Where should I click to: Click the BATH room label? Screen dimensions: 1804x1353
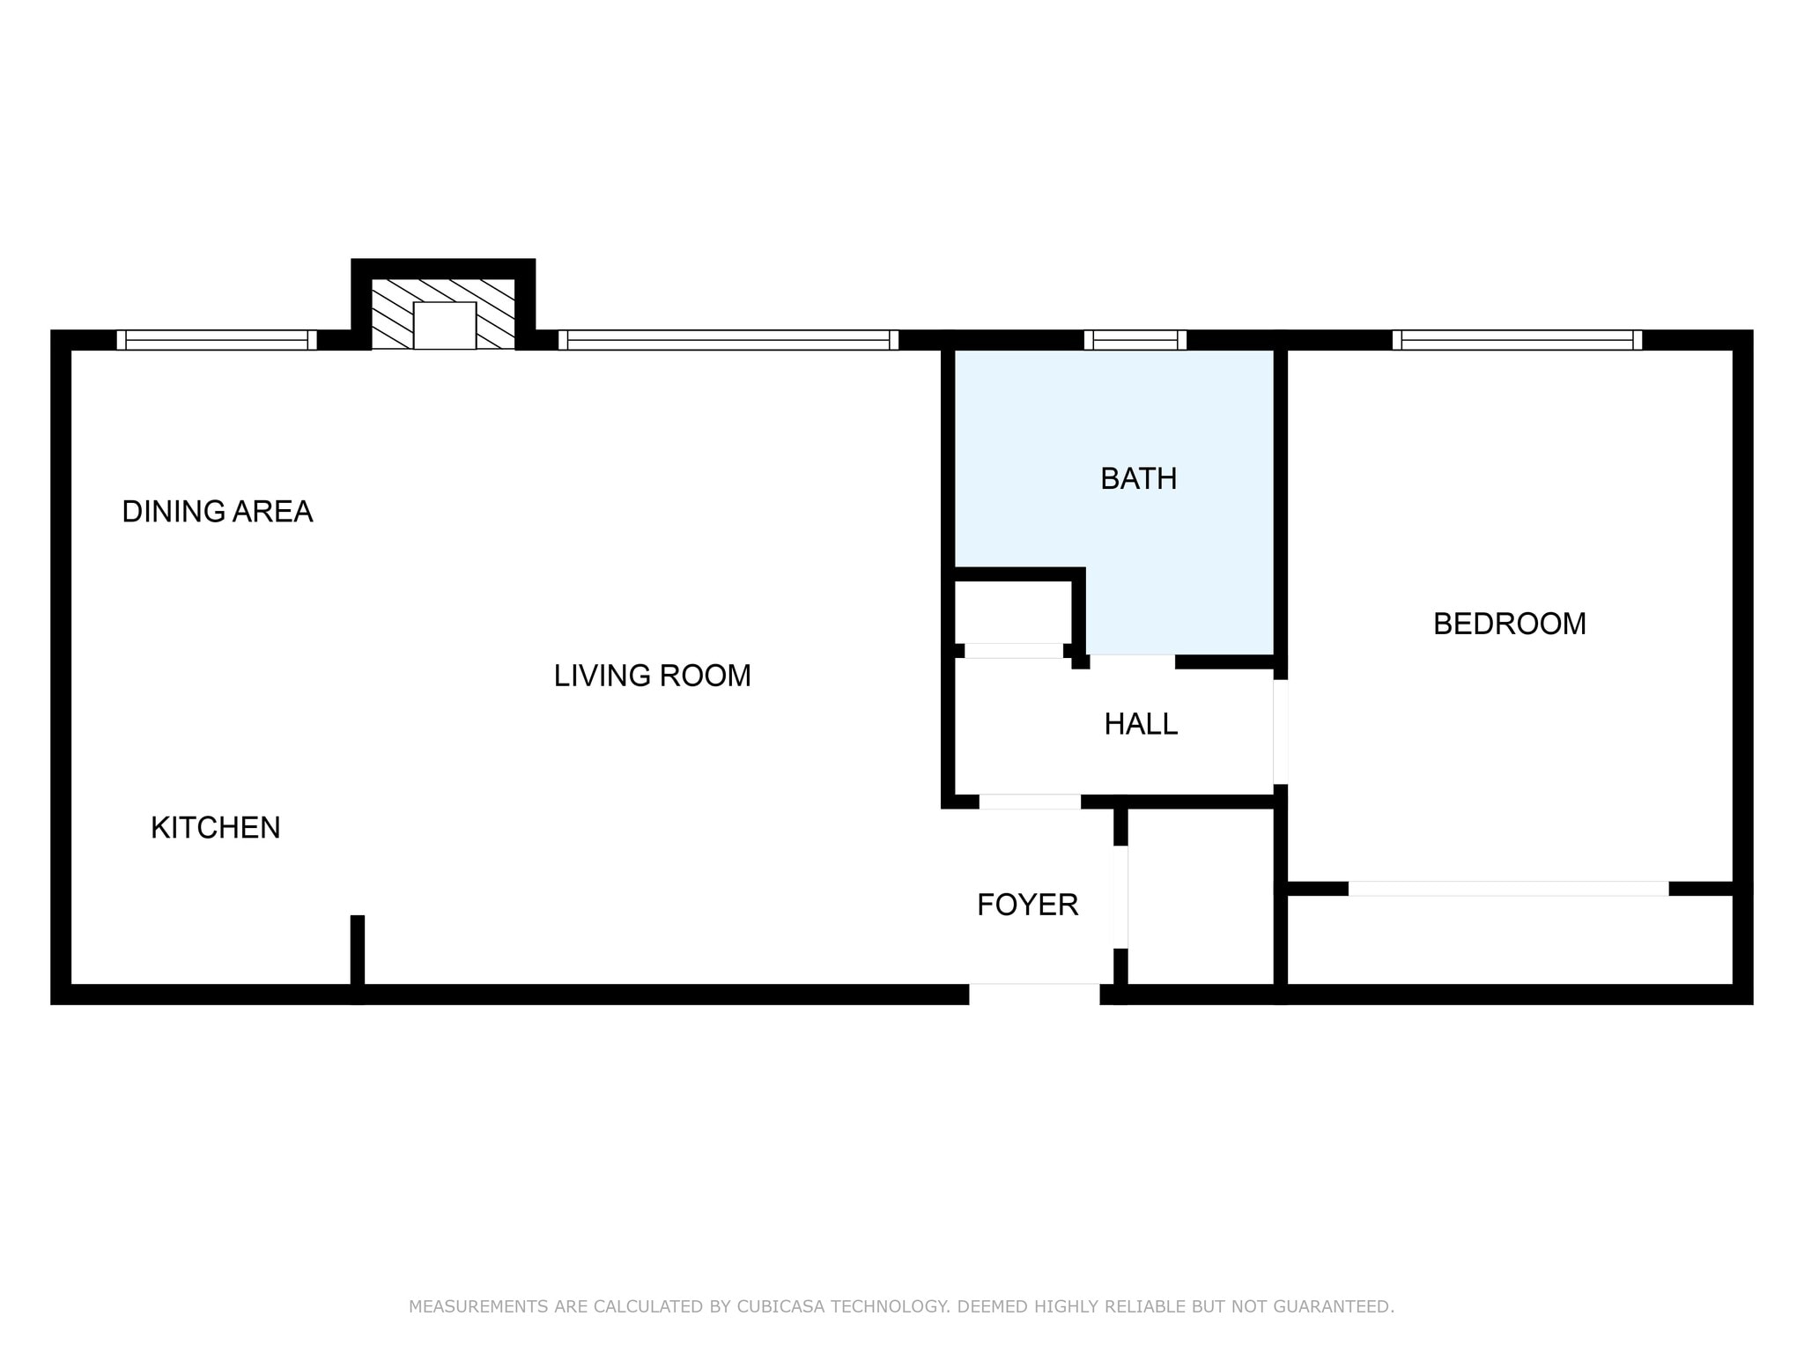[1138, 478]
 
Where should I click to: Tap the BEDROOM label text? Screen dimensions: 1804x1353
[1509, 624]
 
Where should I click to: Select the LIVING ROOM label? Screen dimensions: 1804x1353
[652, 676]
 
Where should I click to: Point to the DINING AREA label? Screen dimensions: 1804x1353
[217, 511]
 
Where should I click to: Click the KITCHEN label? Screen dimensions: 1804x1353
[215, 828]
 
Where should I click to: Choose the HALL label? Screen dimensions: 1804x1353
[1141, 724]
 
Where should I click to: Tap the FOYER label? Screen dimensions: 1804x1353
[1027, 905]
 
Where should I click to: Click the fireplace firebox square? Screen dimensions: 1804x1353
[445, 325]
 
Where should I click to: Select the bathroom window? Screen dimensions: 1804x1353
[1135, 340]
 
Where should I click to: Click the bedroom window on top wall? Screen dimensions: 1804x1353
[1517, 340]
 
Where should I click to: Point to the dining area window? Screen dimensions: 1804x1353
[217, 340]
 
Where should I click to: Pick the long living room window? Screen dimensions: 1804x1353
[728, 340]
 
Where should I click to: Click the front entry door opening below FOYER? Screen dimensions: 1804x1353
[1034, 994]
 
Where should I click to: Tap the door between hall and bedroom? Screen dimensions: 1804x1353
[1281, 732]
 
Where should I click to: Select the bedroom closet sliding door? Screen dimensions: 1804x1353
[1508, 889]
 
